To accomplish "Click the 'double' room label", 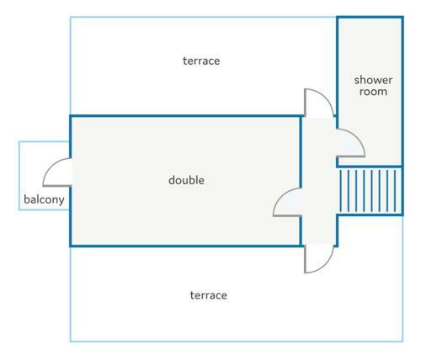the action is pyautogui.click(x=186, y=180).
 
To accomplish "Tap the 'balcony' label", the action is pyautogui.click(x=44, y=199).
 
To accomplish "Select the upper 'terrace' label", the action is pyautogui.click(x=201, y=61).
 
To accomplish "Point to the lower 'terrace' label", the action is pyautogui.click(x=209, y=295).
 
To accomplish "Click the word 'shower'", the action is pyautogui.click(x=373, y=80).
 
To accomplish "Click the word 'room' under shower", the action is pyautogui.click(x=373, y=92).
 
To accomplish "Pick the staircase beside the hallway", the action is pyautogui.click(x=370, y=191).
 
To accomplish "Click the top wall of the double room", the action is pyautogui.click(x=185, y=116).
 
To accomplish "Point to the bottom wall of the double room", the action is pyautogui.click(x=185, y=246).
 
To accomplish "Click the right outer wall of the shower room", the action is pyautogui.click(x=402, y=92).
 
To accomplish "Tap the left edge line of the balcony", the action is pyautogui.click(x=19, y=176).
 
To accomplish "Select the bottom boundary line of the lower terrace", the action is pyautogui.click(x=237, y=341).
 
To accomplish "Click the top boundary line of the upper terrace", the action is pyautogui.click(x=203, y=18).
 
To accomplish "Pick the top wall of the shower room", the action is pyautogui.click(x=370, y=18).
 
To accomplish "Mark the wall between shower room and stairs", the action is pyautogui.click(x=370, y=167).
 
